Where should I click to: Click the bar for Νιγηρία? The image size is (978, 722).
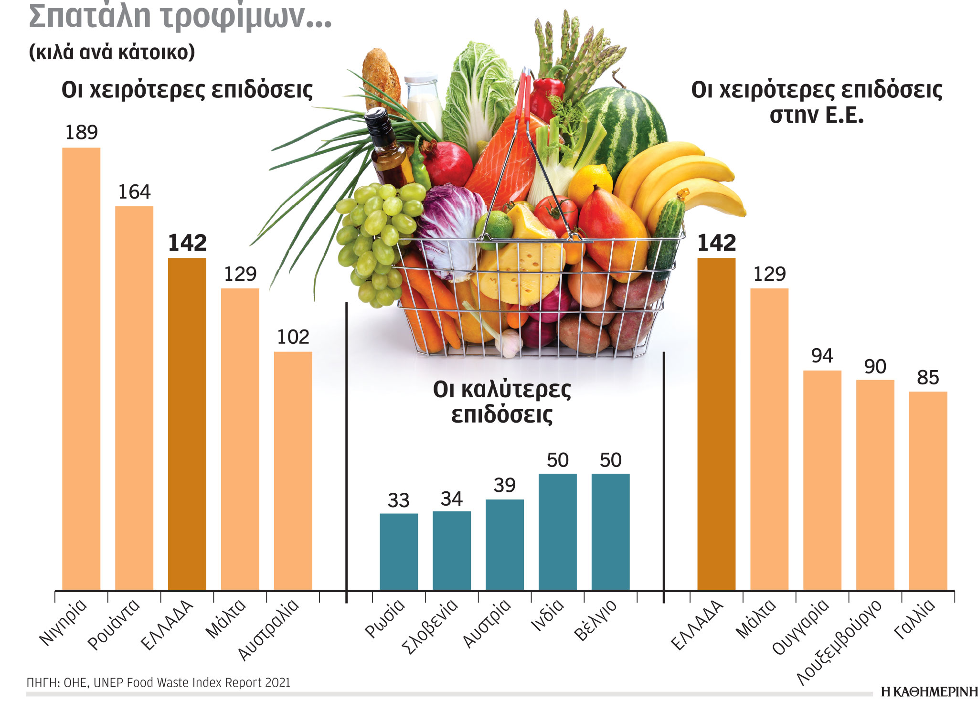81,368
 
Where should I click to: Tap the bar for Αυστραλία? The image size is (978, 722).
293,470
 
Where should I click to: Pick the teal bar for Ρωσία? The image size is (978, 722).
399,551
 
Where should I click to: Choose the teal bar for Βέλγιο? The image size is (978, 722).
610,531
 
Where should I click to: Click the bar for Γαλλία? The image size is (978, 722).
928,490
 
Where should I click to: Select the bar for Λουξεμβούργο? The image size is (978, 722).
875,484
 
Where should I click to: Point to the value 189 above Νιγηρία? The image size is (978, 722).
81,132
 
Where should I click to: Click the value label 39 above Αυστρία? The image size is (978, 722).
504,485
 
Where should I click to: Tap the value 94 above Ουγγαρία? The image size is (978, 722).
822,356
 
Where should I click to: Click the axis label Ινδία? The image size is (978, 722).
548,615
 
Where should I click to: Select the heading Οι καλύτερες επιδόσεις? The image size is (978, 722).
502,402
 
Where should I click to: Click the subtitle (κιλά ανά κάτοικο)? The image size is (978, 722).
112,52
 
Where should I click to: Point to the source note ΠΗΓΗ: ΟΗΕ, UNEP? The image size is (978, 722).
158,682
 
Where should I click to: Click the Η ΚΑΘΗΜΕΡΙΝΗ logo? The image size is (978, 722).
929,691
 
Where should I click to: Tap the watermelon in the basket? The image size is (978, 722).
626,124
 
